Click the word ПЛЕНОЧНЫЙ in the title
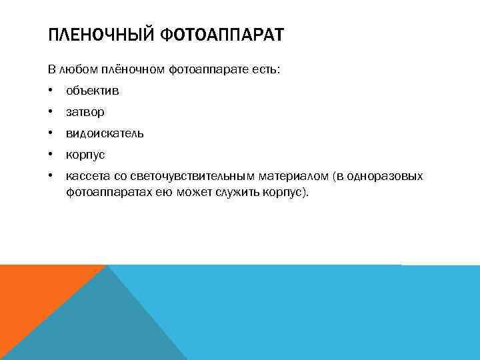[x=102, y=35]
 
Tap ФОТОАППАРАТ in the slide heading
[x=223, y=35]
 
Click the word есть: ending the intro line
[x=267, y=69]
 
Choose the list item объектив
[x=92, y=91]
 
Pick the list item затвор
[x=85, y=112]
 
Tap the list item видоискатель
[x=105, y=133]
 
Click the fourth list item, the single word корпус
[x=85, y=155]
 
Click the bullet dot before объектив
[x=51, y=91]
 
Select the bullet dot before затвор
[x=51, y=112]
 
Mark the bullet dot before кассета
[x=51, y=176]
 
